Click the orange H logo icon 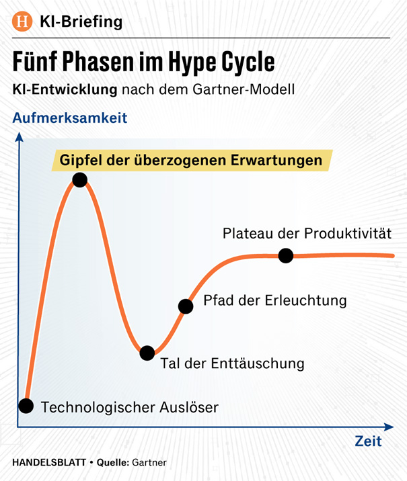(x=24, y=21)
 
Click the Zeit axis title (x=368, y=441)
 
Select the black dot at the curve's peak (x=79, y=179)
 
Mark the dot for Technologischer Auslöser (x=26, y=406)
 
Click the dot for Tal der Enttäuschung (x=147, y=353)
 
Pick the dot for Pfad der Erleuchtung (x=186, y=307)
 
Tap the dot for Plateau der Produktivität (x=286, y=255)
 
